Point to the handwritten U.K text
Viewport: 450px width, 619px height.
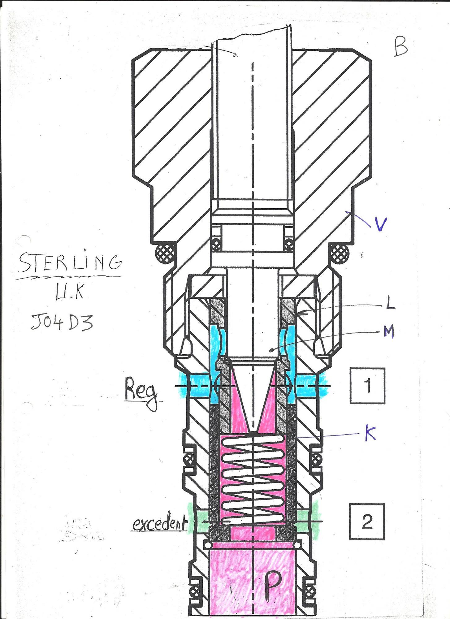pyautogui.click(x=70, y=292)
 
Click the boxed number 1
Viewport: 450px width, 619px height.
pyautogui.click(x=367, y=386)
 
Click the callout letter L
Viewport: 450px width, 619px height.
pyautogui.click(x=391, y=303)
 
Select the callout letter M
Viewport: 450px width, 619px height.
pyautogui.click(x=389, y=332)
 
